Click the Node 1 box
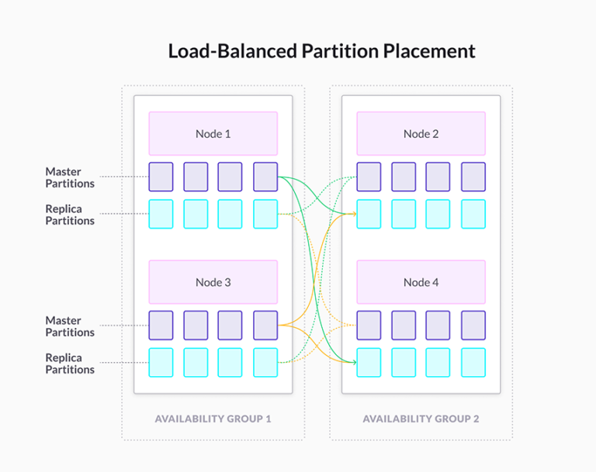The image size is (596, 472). (x=213, y=133)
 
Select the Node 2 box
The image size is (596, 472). (x=421, y=133)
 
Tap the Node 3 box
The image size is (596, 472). (x=213, y=282)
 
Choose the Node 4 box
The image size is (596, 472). (x=421, y=282)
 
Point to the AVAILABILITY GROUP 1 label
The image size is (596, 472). (x=213, y=419)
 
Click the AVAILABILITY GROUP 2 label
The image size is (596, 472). (x=421, y=419)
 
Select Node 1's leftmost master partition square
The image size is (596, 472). (x=161, y=177)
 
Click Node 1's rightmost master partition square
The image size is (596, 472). (x=265, y=177)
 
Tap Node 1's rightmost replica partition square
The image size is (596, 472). (x=265, y=214)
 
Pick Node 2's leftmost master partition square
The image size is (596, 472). (x=369, y=177)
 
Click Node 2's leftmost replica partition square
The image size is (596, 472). (x=369, y=214)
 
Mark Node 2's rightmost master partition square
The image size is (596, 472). (x=473, y=177)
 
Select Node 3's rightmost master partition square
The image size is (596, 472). (x=265, y=326)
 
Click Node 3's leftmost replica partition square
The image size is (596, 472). (x=161, y=363)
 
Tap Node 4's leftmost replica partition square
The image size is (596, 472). (x=369, y=363)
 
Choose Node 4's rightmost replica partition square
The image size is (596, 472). (x=473, y=363)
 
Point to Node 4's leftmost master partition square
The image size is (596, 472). (x=369, y=326)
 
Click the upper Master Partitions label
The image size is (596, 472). (x=70, y=177)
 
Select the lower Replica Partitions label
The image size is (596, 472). (x=70, y=363)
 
